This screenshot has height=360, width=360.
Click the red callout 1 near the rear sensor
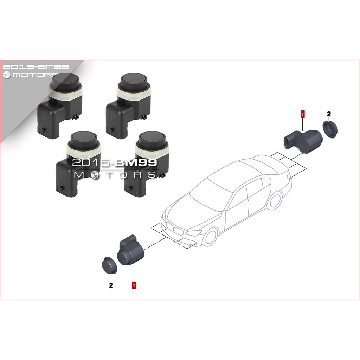tap(303, 114)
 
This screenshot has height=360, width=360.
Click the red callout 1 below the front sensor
tap(134, 285)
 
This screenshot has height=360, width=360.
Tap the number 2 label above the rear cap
tap(329, 114)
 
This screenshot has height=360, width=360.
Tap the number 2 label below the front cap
tap(111, 285)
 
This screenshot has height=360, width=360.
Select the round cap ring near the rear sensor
tap(330, 130)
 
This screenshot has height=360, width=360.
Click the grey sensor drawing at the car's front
tap(131, 251)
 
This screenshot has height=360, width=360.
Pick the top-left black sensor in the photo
tap(60, 105)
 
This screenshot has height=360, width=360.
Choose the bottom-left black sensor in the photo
tap(78, 164)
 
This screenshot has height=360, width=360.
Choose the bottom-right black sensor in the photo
tap(147, 164)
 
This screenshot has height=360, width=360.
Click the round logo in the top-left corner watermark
tap(7, 75)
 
